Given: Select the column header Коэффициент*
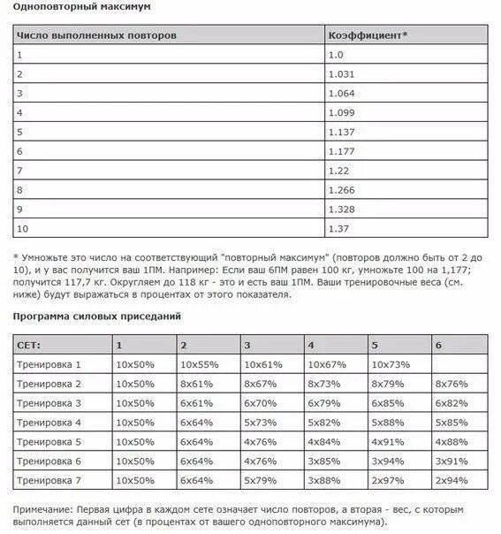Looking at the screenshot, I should (x=368, y=35).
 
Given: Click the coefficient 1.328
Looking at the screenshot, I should (x=342, y=210).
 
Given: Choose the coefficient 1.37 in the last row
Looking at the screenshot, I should (x=339, y=230).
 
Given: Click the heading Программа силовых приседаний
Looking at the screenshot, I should (x=97, y=316).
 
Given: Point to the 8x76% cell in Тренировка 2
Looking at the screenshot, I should (x=452, y=384).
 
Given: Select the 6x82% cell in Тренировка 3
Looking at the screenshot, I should (x=452, y=403).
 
